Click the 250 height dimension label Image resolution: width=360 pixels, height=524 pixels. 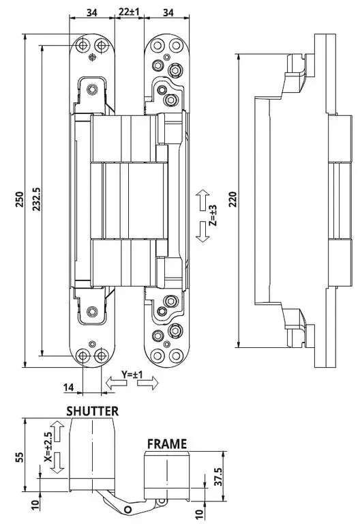[x=20, y=199]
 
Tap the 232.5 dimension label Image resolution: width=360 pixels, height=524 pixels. [x=36, y=199]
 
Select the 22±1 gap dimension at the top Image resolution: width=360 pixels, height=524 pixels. [x=130, y=12]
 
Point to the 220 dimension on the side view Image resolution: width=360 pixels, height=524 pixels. [x=233, y=199]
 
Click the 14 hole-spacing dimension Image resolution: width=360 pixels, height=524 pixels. [x=68, y=387]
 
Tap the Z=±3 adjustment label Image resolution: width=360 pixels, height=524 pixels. [x=213, y=216]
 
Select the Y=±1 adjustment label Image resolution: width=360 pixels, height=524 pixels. [x=132, y=375]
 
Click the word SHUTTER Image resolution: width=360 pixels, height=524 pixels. [x=93, y=411]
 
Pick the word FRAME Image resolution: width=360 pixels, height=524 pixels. [x=167, y=444]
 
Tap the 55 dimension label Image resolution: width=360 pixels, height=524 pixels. [x=18, y=457]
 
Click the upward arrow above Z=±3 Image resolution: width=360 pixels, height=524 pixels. [x=202, y=200]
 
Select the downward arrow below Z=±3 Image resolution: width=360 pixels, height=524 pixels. [x=202, y=231]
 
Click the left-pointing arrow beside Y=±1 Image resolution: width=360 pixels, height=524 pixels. [x=116, y=383]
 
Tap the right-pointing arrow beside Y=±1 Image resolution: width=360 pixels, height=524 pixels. [x=147, y=383]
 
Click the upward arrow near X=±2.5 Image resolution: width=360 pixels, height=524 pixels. [x=57, y=431]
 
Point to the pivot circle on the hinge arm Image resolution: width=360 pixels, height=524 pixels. [x=127, y=510]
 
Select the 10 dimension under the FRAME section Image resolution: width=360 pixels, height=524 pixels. [x=199, y=513]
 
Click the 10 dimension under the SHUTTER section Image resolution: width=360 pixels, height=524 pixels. [x=35, y=505]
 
